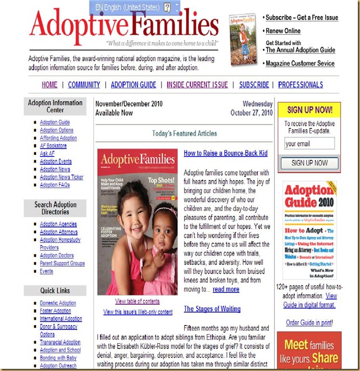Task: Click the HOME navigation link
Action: [50, 84]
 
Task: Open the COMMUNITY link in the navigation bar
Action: [84, 84]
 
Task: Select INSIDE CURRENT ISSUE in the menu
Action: [197, 84]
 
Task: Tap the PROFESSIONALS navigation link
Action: [300, 84]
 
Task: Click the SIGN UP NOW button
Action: [309, 163]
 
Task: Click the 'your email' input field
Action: [309, 143]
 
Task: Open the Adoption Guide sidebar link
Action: [54, 122]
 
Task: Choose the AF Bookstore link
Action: [53, 145]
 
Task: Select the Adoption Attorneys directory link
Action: [58, 232]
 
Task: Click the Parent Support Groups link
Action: [62, 264]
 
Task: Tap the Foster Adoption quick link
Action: [56, 311]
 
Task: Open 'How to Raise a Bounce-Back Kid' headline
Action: [225, 153]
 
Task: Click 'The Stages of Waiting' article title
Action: [212, 309]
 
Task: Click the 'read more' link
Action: [226, 289]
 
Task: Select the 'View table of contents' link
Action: [137, 302]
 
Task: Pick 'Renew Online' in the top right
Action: [283, 31]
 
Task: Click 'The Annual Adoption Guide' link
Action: [300, 50]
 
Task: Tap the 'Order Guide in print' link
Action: [309, 322]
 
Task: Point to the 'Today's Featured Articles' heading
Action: [184, 134]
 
